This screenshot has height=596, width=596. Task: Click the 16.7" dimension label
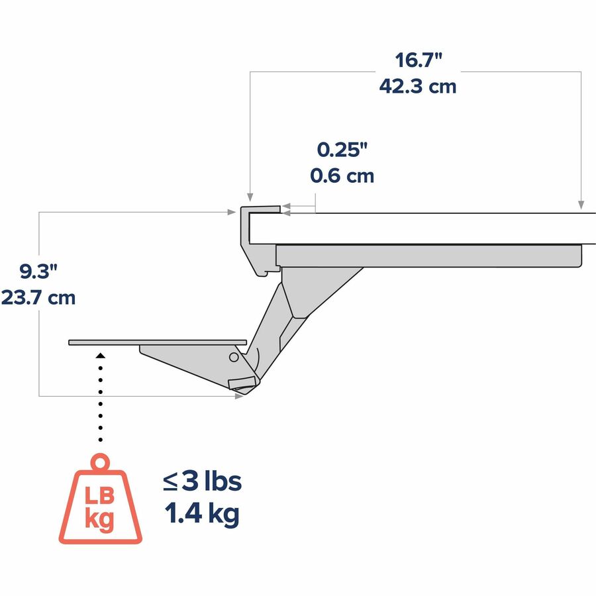tap(419, 60)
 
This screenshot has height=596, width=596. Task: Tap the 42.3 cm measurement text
tap(418, 86)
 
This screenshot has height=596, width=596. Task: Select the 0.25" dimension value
tap(342, 150)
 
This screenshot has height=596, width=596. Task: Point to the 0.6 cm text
tap(342, 175)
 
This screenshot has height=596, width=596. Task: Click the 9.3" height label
tap(38, 272)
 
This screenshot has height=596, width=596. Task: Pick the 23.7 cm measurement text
tap(38, 297)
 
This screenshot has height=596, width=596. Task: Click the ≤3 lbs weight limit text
tap(202, 481)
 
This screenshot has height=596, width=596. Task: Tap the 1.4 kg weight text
tap(202, 513)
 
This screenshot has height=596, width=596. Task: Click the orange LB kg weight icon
tap(101, 499)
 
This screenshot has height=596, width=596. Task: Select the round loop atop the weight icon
tap(100, 462)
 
